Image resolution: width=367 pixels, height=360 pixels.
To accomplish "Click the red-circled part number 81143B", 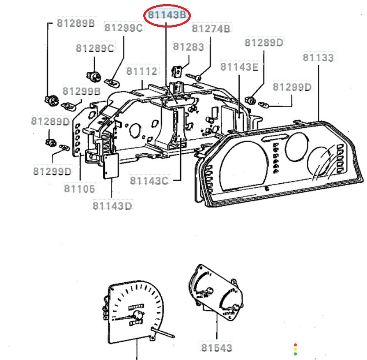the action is click(167, 15).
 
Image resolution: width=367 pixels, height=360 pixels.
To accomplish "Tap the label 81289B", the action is click(76, 23).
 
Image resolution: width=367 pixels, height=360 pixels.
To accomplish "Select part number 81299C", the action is click(124, 28).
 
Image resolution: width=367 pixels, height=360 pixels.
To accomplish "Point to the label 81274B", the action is click(211, 29).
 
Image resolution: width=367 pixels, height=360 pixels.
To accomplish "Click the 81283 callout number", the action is click(188, 46).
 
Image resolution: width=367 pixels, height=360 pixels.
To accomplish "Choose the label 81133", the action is click(318, 58).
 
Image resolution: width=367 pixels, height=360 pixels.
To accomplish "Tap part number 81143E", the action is click(239, 67).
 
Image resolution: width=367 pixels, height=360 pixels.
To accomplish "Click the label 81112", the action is click(142, 71).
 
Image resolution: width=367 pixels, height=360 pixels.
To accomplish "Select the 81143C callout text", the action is click(149, 180).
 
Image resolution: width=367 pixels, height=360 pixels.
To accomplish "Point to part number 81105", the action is click(80, 189).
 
